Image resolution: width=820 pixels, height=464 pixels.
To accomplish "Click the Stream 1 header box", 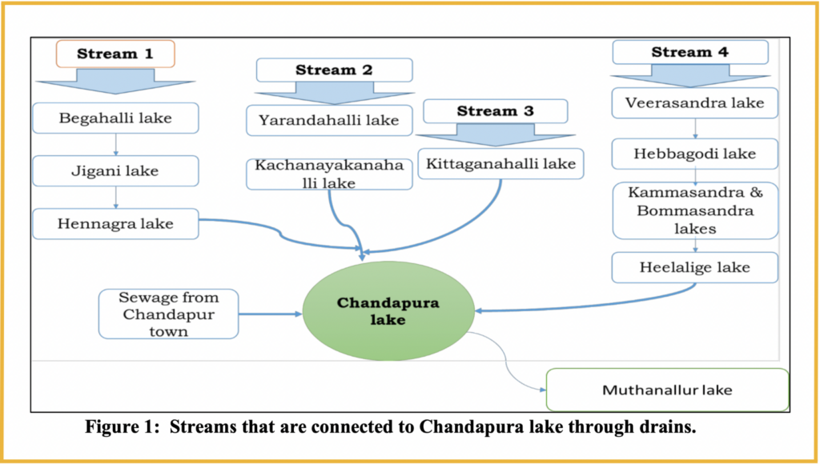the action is click(115, 54).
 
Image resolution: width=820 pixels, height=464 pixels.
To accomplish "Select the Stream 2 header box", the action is click(334, 70).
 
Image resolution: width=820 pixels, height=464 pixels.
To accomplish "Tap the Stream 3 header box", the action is click(495, 111).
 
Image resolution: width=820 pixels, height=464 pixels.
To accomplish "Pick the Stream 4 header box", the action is click(690, 52).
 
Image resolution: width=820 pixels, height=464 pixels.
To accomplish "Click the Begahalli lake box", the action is click(115, 118).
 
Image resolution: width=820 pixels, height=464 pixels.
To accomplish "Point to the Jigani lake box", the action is click(115, 171).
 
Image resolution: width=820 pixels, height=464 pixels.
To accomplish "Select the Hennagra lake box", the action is click(115, 224).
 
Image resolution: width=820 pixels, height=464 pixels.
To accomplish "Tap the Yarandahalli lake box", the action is click(329, 120).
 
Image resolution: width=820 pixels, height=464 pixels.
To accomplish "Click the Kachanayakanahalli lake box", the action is click(329, 174).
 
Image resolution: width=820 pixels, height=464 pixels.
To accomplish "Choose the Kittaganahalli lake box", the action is click(501, 164).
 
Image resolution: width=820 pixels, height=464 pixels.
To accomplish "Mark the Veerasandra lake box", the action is click(695, 102).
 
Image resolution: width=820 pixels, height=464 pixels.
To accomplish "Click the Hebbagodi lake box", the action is click(695, 154).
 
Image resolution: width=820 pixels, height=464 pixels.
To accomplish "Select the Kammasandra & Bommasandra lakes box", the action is click(695, 210).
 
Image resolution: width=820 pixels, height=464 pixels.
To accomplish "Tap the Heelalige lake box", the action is click(695, 267).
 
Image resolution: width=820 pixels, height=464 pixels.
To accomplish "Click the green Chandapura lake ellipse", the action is click(388, 311).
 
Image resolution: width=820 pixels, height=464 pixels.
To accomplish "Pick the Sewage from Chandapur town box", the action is click(168, 314).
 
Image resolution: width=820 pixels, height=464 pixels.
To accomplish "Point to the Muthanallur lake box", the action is click(667, 390).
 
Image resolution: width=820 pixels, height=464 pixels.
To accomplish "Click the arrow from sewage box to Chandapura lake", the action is click(271, 314).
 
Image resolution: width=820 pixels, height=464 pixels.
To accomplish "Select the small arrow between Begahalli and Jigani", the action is click(115, 145).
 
